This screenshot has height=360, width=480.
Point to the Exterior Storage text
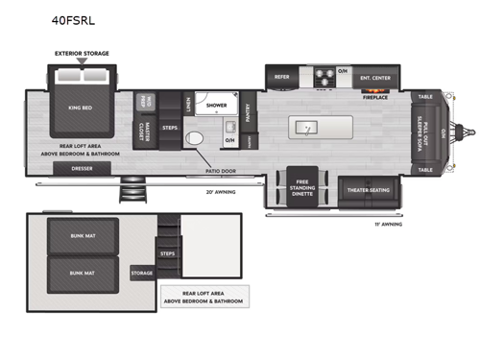pos(82,54)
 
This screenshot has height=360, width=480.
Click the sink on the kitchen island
pos(306,127)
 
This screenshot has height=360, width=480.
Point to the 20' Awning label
pos(219,192)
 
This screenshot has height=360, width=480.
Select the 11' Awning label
pos(388,224)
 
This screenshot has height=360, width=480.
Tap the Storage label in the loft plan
pos(141,272)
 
